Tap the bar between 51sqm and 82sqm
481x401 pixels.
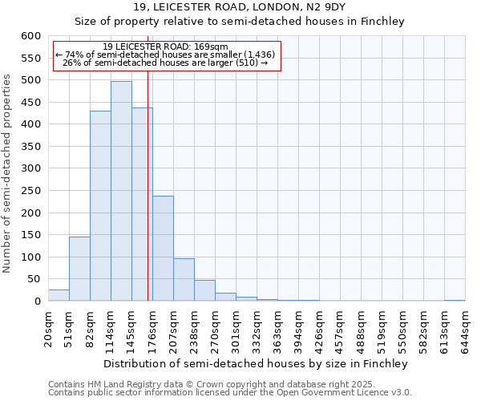pos(79,269)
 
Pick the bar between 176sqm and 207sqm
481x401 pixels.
pos(163,249)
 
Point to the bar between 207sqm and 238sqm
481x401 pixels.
pos(184,280)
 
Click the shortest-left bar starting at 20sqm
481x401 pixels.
pos(59,295)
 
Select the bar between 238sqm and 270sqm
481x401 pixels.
pos(204,290)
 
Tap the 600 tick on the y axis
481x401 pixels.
pos(30,36)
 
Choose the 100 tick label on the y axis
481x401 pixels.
pos(30,257)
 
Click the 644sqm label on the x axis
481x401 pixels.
pos(465,332)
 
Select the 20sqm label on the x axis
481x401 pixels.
pos(48,330)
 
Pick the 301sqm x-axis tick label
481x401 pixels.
pos(236,332)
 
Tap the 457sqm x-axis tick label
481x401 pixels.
pos(340,332)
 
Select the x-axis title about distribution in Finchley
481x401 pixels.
pos(256,363)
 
